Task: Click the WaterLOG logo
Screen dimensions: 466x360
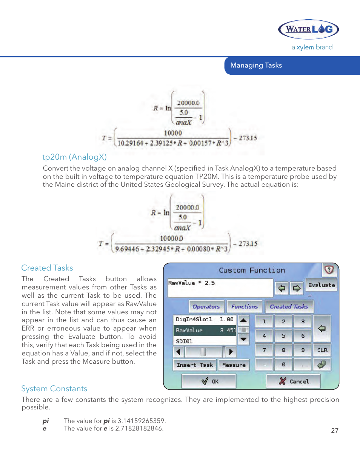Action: [x=308, y=29]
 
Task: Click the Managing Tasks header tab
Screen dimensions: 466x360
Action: [x=256, y=65]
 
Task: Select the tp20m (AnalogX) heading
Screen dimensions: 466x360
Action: [x=74, y=157]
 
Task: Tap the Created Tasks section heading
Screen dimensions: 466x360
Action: [x=47, y=268]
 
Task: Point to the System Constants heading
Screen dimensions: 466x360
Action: [x=54, y=389]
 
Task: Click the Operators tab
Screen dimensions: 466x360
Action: [x=206, y=307]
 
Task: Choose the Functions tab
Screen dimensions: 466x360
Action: [x=245, y=307]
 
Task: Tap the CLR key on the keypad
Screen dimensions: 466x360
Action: [x=322, y=350]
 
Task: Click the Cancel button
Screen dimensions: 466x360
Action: [x=294, y=381]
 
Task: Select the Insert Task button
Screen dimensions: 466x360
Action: [x=194, y=365]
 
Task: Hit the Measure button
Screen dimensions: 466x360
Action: [x=234, y=365]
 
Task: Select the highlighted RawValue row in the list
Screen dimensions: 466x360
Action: [x=205, y=330]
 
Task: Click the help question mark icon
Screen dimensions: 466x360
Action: [x=329, y=270]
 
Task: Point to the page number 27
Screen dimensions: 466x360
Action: [x=334, y=431]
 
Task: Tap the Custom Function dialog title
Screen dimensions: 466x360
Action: [x=252, y=270]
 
